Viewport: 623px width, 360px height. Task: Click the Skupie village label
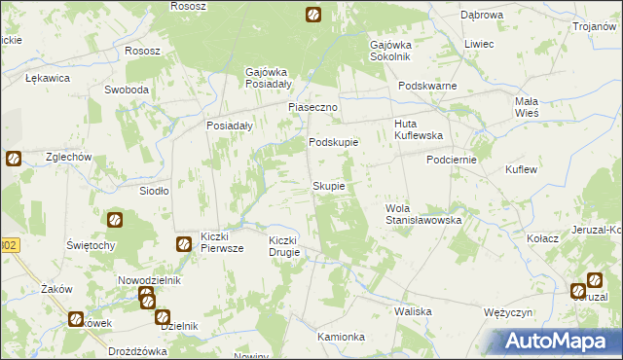click(328, 186)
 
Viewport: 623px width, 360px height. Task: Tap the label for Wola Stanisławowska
click(423, 214)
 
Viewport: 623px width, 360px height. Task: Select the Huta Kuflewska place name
click(419, 129)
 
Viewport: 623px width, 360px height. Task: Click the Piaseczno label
click(311, 107)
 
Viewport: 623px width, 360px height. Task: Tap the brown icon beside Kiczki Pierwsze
click(183, 244)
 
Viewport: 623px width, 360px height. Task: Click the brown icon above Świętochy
click(115, 220)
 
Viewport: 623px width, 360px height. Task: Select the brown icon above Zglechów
click(14, 158)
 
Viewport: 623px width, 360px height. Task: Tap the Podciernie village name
click(450, 161)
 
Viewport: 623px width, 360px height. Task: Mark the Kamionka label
click(341, 337)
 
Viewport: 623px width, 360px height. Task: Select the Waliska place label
click(413, 311)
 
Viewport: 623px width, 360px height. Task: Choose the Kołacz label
click(541, 238)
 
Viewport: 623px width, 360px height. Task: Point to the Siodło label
click(155, 192)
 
